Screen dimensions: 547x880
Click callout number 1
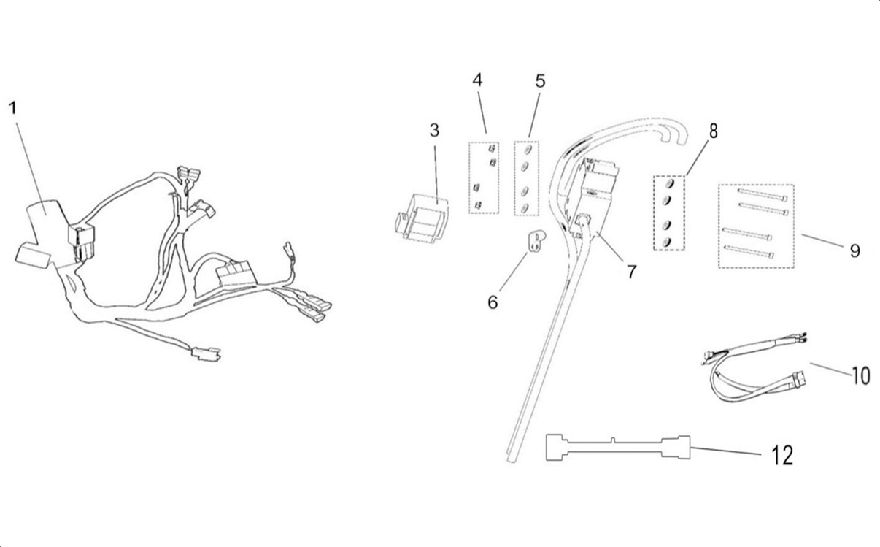pos(12,109)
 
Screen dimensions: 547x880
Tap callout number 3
pos(434,131)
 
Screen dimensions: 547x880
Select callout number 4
pos(477,80)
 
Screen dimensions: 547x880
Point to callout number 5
pos(540,80)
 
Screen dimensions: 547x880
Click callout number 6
pos(493,301)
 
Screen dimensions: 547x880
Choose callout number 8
pos(713,131)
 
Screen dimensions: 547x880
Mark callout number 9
pos(854,250)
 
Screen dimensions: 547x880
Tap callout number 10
pos(860,376)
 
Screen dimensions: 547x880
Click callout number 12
pos(781,456)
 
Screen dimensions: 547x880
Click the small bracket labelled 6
pos(537,242)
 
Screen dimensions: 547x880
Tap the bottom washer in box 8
pos(667,242)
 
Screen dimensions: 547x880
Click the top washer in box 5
pos(525,151)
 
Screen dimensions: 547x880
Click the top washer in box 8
pos(669,183)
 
